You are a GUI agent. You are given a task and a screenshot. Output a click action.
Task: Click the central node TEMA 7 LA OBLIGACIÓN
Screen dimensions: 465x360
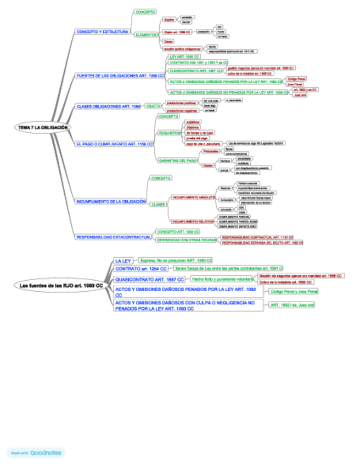[42, 127]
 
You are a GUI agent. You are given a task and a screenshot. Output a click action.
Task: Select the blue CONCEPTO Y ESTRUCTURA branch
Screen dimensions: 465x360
[103, 32]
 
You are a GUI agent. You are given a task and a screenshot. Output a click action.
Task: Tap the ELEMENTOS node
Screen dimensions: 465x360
[145, 35]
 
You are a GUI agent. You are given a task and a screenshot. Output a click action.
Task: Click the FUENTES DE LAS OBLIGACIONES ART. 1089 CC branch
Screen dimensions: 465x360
[120, 76]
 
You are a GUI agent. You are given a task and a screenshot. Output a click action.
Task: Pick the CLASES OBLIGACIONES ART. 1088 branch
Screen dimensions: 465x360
[108, 106]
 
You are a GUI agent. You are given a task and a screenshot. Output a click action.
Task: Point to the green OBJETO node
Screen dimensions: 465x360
[153, 106]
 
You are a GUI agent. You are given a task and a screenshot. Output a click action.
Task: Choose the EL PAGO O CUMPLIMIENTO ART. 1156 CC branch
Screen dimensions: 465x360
[114, 144]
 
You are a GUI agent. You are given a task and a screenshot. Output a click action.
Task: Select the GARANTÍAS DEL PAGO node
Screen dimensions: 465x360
[177, 161]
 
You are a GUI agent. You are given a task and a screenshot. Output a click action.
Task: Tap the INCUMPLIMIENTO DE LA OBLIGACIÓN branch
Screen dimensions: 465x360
[110, 201]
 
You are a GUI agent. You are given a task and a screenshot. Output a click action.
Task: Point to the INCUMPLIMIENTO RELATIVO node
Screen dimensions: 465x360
[192, 222]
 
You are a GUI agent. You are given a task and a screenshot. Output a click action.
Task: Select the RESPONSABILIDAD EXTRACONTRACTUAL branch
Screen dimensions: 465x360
[113, 237]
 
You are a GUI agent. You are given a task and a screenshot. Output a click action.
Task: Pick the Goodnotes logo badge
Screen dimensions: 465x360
[36, 453]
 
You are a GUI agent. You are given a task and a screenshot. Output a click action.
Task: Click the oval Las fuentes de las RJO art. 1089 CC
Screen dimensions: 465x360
[61, 286]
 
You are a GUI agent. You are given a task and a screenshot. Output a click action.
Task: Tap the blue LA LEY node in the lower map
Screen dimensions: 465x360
[122, 260]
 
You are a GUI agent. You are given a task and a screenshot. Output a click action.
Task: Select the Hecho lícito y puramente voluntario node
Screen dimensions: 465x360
[222, 279]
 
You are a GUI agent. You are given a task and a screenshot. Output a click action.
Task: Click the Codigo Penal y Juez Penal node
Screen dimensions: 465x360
[293, 292]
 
